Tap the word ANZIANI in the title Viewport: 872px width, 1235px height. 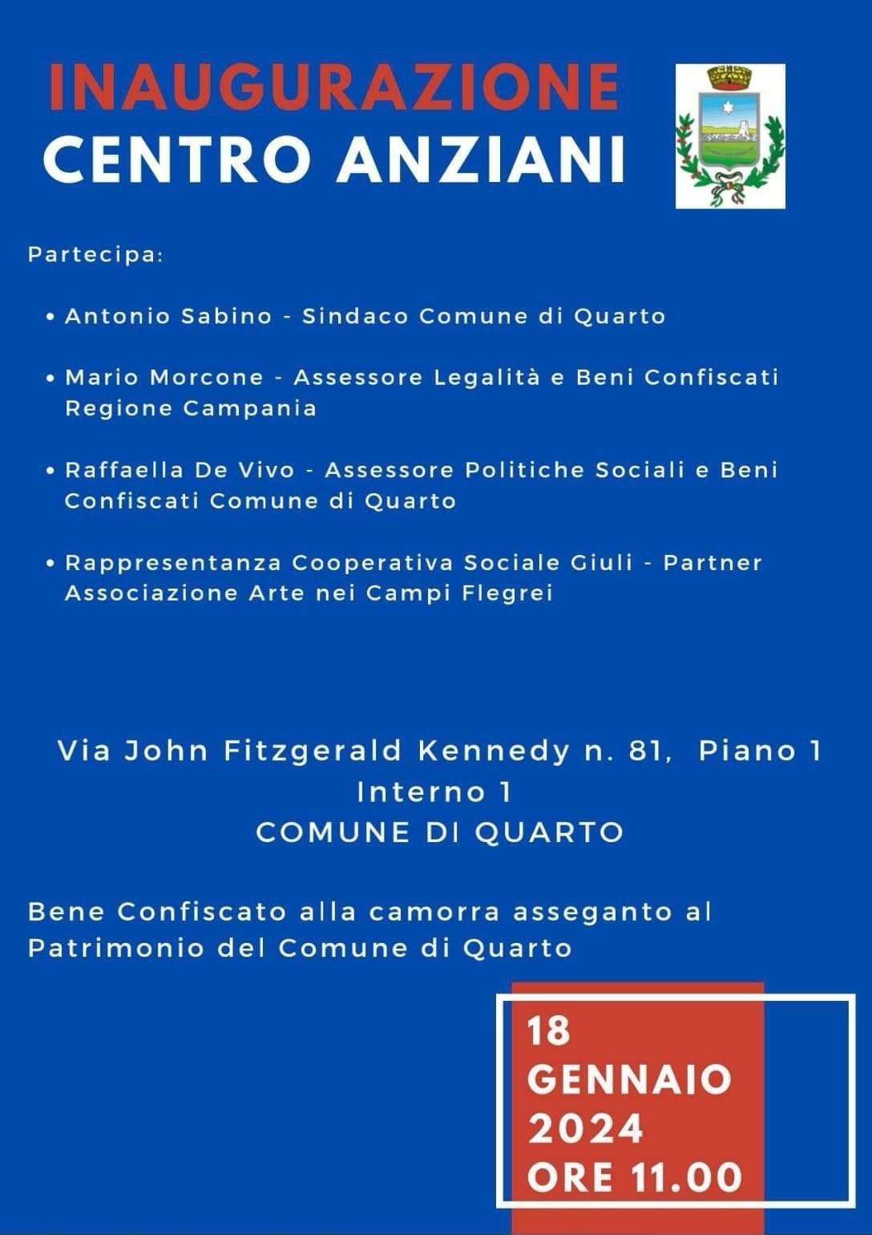coord(481,159)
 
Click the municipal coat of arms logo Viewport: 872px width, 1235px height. coord(730,136)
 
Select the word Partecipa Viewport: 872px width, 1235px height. coord(95,255)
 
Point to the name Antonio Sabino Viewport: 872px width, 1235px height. coord(168,316)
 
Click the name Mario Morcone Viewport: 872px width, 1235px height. coord(164,377)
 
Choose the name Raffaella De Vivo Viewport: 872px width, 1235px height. coord(180,470)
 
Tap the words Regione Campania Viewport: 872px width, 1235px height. coord(191,408)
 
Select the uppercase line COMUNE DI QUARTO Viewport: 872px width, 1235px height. coord(439,832)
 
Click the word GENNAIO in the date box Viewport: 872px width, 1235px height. coord(629,1079)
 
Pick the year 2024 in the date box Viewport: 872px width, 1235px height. coord(585,1129)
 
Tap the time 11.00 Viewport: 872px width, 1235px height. coord(686,1178)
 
